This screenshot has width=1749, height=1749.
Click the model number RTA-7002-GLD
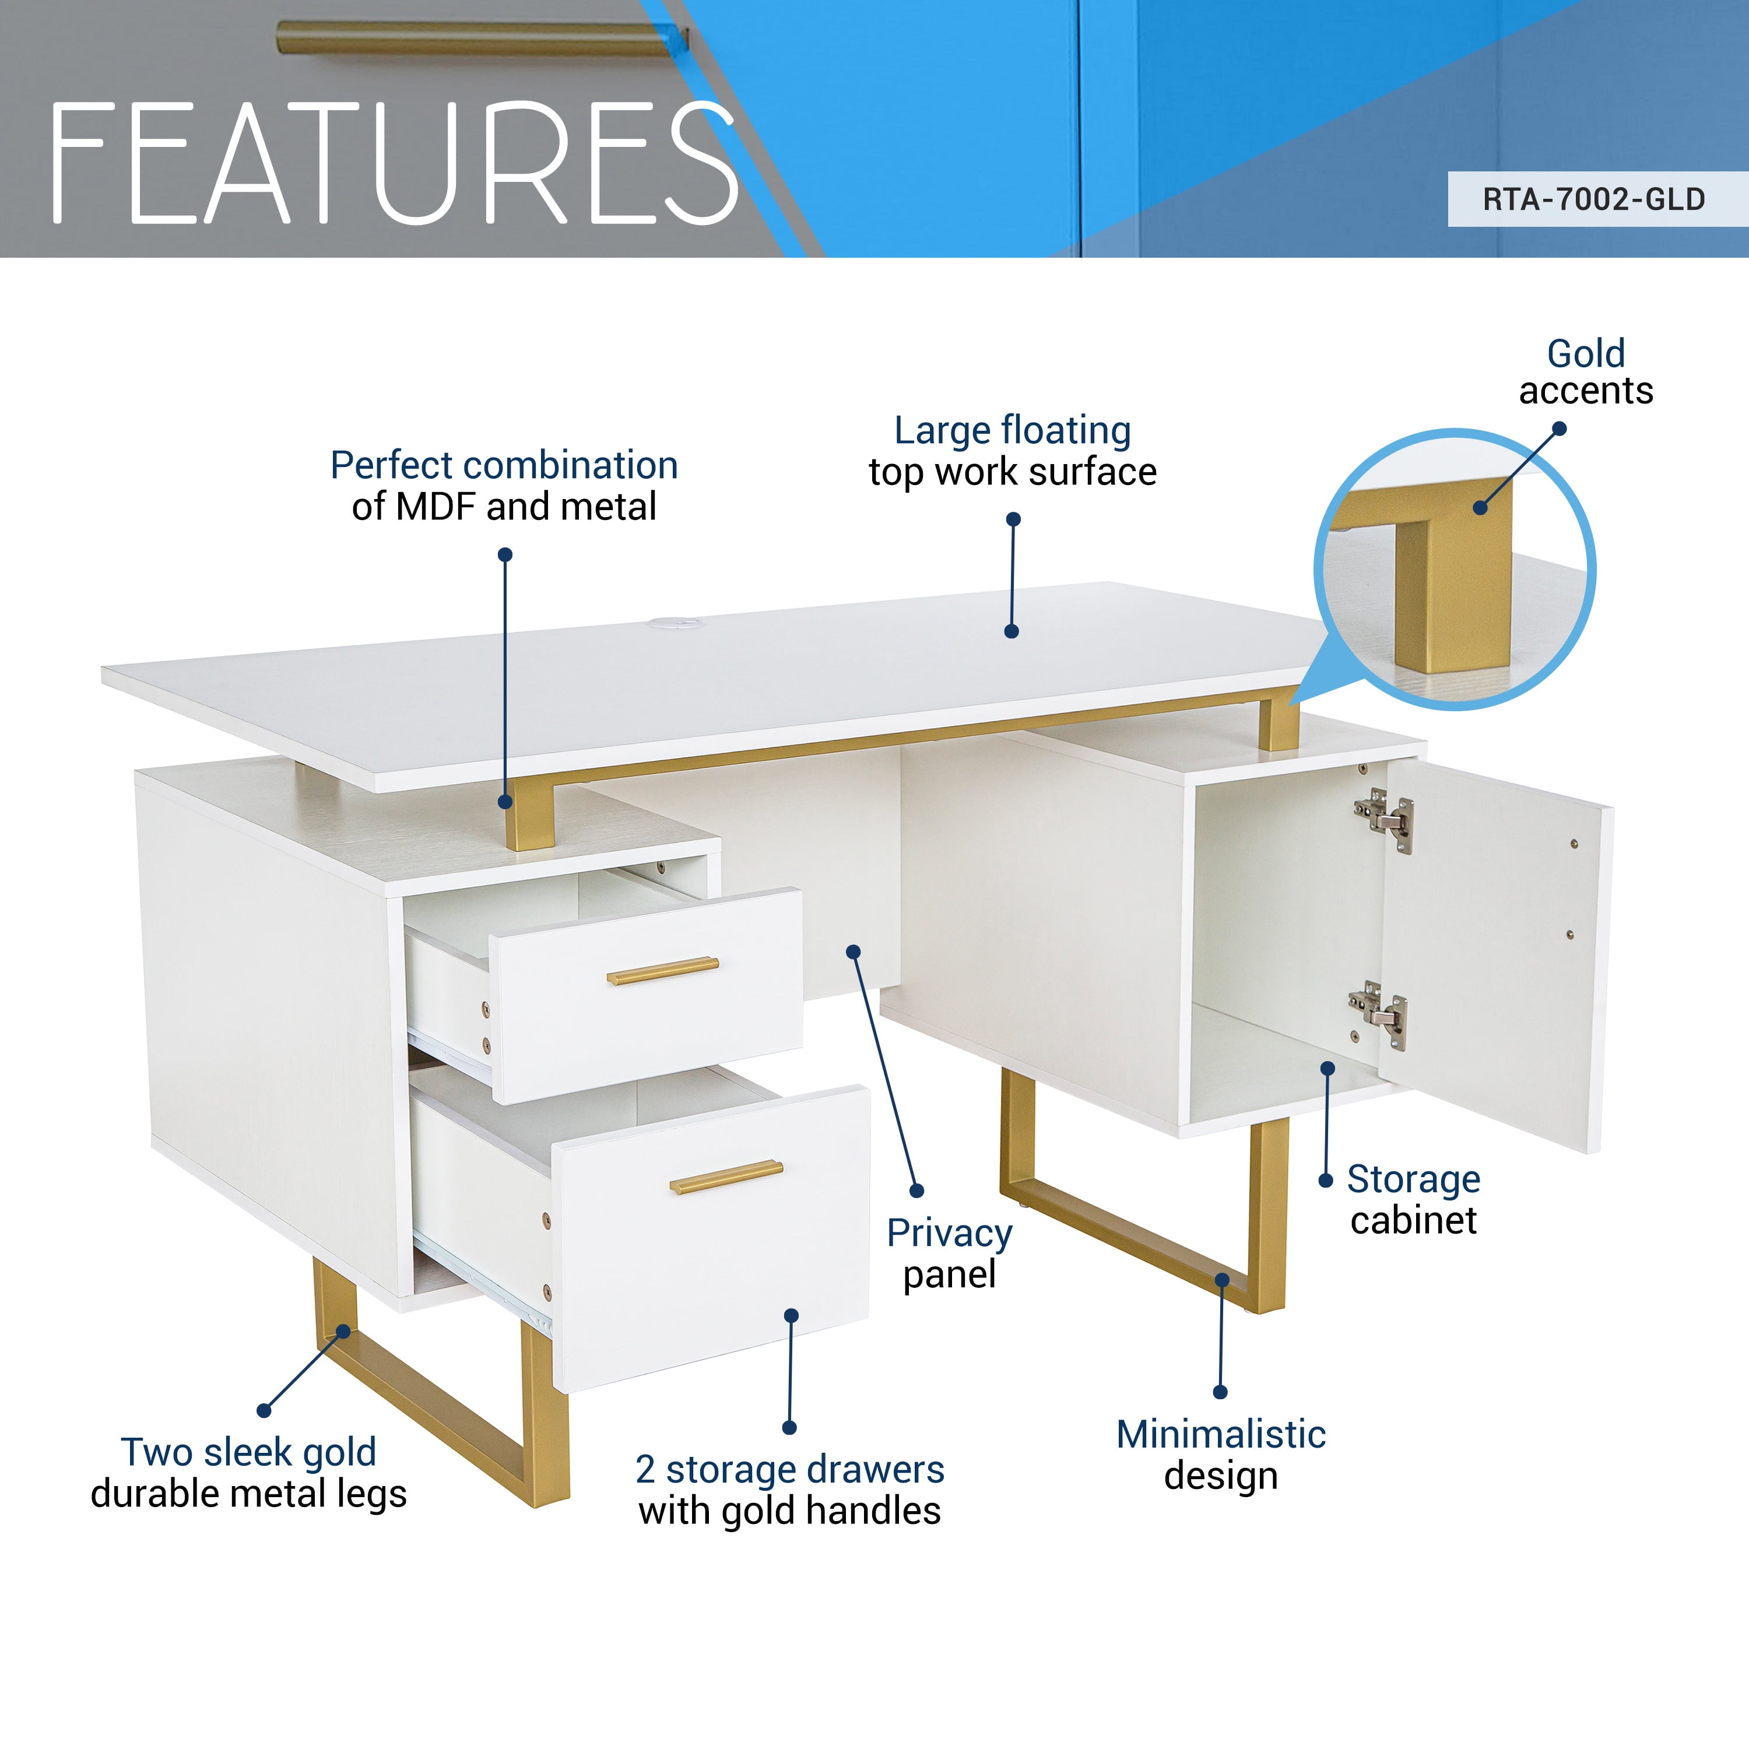[1593, 199]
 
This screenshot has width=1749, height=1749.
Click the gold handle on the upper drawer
[663, 971]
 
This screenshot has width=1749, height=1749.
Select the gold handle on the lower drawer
[726, 1177]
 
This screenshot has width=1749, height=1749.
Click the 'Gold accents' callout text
[1586, 372]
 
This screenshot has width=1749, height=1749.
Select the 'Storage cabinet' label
[1413, 1199]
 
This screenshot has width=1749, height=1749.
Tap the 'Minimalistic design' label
[1220, 1455]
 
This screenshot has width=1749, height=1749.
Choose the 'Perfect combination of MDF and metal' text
[504, 485]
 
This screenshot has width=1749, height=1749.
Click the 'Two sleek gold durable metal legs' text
[249, 1473]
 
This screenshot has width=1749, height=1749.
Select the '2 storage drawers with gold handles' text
[789, 1490]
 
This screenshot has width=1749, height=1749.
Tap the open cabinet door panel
[1494, 950]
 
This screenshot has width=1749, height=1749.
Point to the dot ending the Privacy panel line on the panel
[853, 951]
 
